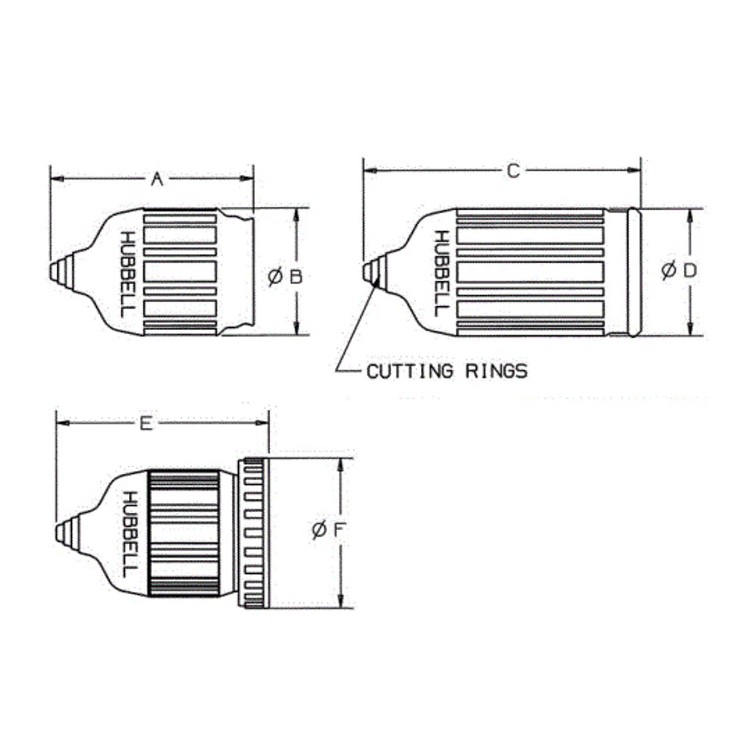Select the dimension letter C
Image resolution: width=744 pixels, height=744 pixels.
513,170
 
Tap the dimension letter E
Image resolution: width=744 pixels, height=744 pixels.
146,423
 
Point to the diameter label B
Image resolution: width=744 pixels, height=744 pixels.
286,277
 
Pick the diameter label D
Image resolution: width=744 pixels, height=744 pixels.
679,271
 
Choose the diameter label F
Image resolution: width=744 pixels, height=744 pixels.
329,530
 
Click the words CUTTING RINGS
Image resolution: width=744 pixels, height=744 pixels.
447,371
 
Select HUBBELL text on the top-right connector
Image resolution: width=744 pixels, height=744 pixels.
441,273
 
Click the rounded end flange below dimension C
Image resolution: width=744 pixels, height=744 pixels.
633,272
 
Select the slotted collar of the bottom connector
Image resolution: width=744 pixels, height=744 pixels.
254,533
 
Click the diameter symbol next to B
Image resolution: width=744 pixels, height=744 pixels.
275,277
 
